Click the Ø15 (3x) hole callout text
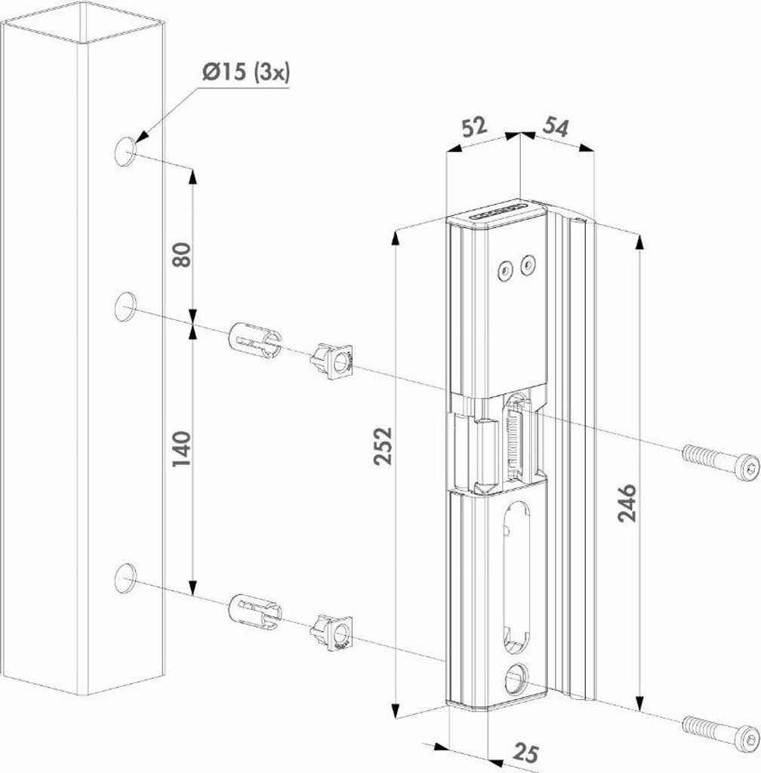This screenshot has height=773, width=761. coord(245,74)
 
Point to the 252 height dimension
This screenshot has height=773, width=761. coord(384,457)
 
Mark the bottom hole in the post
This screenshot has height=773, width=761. coord(125,577)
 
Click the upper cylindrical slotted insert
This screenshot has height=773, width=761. coord(254,342)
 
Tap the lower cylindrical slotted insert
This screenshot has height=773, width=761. coord(254,610)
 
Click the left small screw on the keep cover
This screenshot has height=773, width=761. coord(503,268)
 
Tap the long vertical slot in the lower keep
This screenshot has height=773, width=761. coord(517,574)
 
